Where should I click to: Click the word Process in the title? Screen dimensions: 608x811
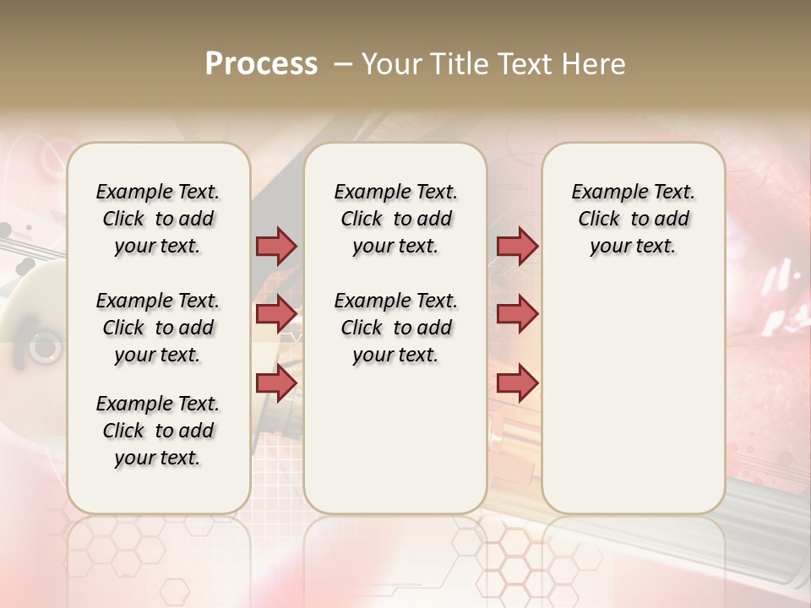tap(261, 63)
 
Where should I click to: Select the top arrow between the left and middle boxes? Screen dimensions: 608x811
tap(276, 246)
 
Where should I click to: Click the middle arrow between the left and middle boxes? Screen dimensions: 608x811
tap(276, 314)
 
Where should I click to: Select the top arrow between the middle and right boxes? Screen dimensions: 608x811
tap(517, 246)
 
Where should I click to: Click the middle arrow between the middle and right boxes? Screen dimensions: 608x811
tap(517, 314)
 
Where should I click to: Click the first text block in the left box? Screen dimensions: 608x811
tap(158, 219)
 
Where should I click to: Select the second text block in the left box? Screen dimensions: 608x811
tap(158, 328)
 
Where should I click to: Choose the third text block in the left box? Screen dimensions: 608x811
tap(158, 431)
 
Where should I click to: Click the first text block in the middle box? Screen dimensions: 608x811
tap(395, 219)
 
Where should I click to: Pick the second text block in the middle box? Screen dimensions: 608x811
tap(395, 328)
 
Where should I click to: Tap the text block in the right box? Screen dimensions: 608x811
tap(633, 219)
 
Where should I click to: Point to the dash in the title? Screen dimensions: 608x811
tap(342, 64)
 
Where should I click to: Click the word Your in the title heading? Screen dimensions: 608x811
tap(391, 63)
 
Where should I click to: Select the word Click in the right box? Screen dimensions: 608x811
tap(599, 220)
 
